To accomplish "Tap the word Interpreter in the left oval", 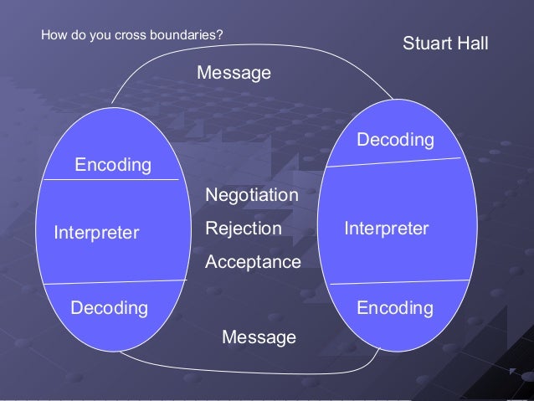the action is pyautogui.click(x=96, y=233).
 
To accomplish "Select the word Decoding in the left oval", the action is pyautogui.click(x=110, y=309).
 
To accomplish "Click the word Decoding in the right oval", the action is pyautogui.click(x=395, y=140).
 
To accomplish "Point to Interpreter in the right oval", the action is pyautogui.click(x=387, y=229).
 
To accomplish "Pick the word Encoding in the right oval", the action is pyautogui.click(x=395, y=309).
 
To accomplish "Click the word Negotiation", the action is pyautogui.click(x=252, y=195).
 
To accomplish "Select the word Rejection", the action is pyautogui.click(x=244, y=229).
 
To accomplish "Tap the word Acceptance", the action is pyautogui.click(x=253, y=262).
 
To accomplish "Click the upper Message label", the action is pyautogui.click(x=234, y=74).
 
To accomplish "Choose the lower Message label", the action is pyautogui.click(x=259, y=337).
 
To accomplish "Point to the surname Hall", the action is pyautogui.click(x=471, y=43).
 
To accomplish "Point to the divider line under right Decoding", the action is pyautogui.click(x=393, y=162).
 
